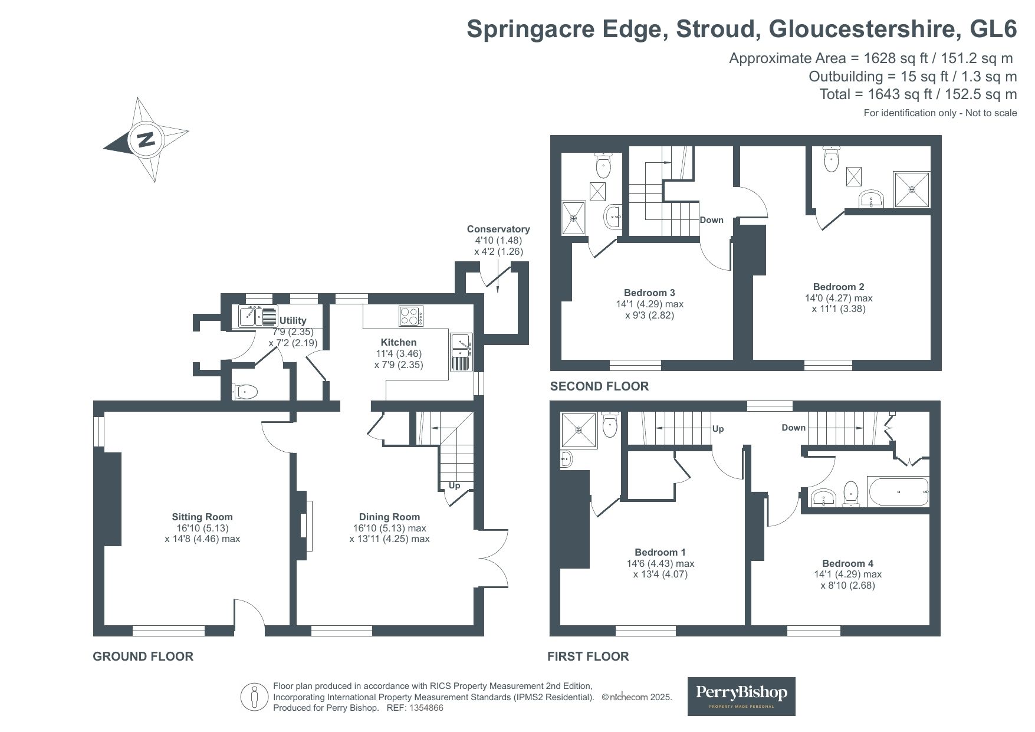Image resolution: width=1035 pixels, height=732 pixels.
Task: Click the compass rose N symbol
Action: tap(146, 140)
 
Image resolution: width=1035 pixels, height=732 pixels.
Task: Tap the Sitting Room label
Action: tap(202, 517)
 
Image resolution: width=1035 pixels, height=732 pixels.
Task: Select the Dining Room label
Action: tap(389, 517)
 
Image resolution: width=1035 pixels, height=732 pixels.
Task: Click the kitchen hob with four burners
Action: tap(411, 317)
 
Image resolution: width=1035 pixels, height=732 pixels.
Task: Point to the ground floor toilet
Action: tap(245, 392)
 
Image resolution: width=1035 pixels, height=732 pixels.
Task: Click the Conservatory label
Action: tap(498, 229)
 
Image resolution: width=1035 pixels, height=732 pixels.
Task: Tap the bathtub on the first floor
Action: tap(898, 492)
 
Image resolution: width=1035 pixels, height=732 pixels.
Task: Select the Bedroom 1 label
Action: tap(660, 552)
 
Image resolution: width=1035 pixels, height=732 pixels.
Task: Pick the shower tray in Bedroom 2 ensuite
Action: tap(912, 189)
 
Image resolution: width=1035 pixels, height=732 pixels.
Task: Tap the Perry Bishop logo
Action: tap(741, 696)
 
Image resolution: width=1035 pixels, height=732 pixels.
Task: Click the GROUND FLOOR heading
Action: tap(143, 656)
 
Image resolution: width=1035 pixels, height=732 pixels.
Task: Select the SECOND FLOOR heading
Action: tap(599, 386)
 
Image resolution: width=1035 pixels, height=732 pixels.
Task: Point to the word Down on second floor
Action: tap(711, 220)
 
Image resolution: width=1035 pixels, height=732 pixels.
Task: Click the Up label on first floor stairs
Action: tap(718, 429)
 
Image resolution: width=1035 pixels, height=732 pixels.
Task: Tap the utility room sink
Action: tap(258, 317)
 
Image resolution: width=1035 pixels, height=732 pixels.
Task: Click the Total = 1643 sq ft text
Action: tap(918, 94)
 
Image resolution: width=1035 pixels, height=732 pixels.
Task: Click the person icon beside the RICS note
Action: tap(255, 697)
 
